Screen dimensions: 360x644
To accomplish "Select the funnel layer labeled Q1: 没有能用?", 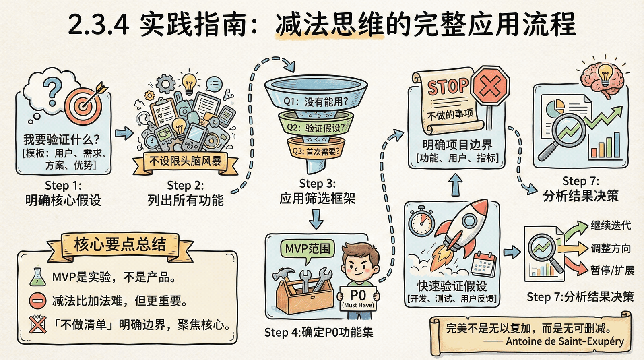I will (316, 101).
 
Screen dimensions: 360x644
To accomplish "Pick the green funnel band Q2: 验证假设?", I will (316, 128).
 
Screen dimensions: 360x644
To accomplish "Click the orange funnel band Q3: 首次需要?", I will (316, 151).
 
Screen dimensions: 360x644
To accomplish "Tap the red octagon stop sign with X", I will (490, 86).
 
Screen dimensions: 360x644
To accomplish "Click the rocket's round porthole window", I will (469, 220).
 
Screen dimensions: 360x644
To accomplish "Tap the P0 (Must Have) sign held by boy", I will (358, 298).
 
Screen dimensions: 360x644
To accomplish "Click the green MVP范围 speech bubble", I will (308, 249).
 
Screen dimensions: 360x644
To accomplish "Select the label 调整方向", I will (610, 248).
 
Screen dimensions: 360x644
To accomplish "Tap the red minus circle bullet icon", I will (37, 300).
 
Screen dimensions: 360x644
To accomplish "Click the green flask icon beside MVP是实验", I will (37, 277).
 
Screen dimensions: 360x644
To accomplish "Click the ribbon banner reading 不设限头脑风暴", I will (185, 161).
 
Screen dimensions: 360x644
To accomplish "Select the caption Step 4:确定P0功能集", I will (318, 332).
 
